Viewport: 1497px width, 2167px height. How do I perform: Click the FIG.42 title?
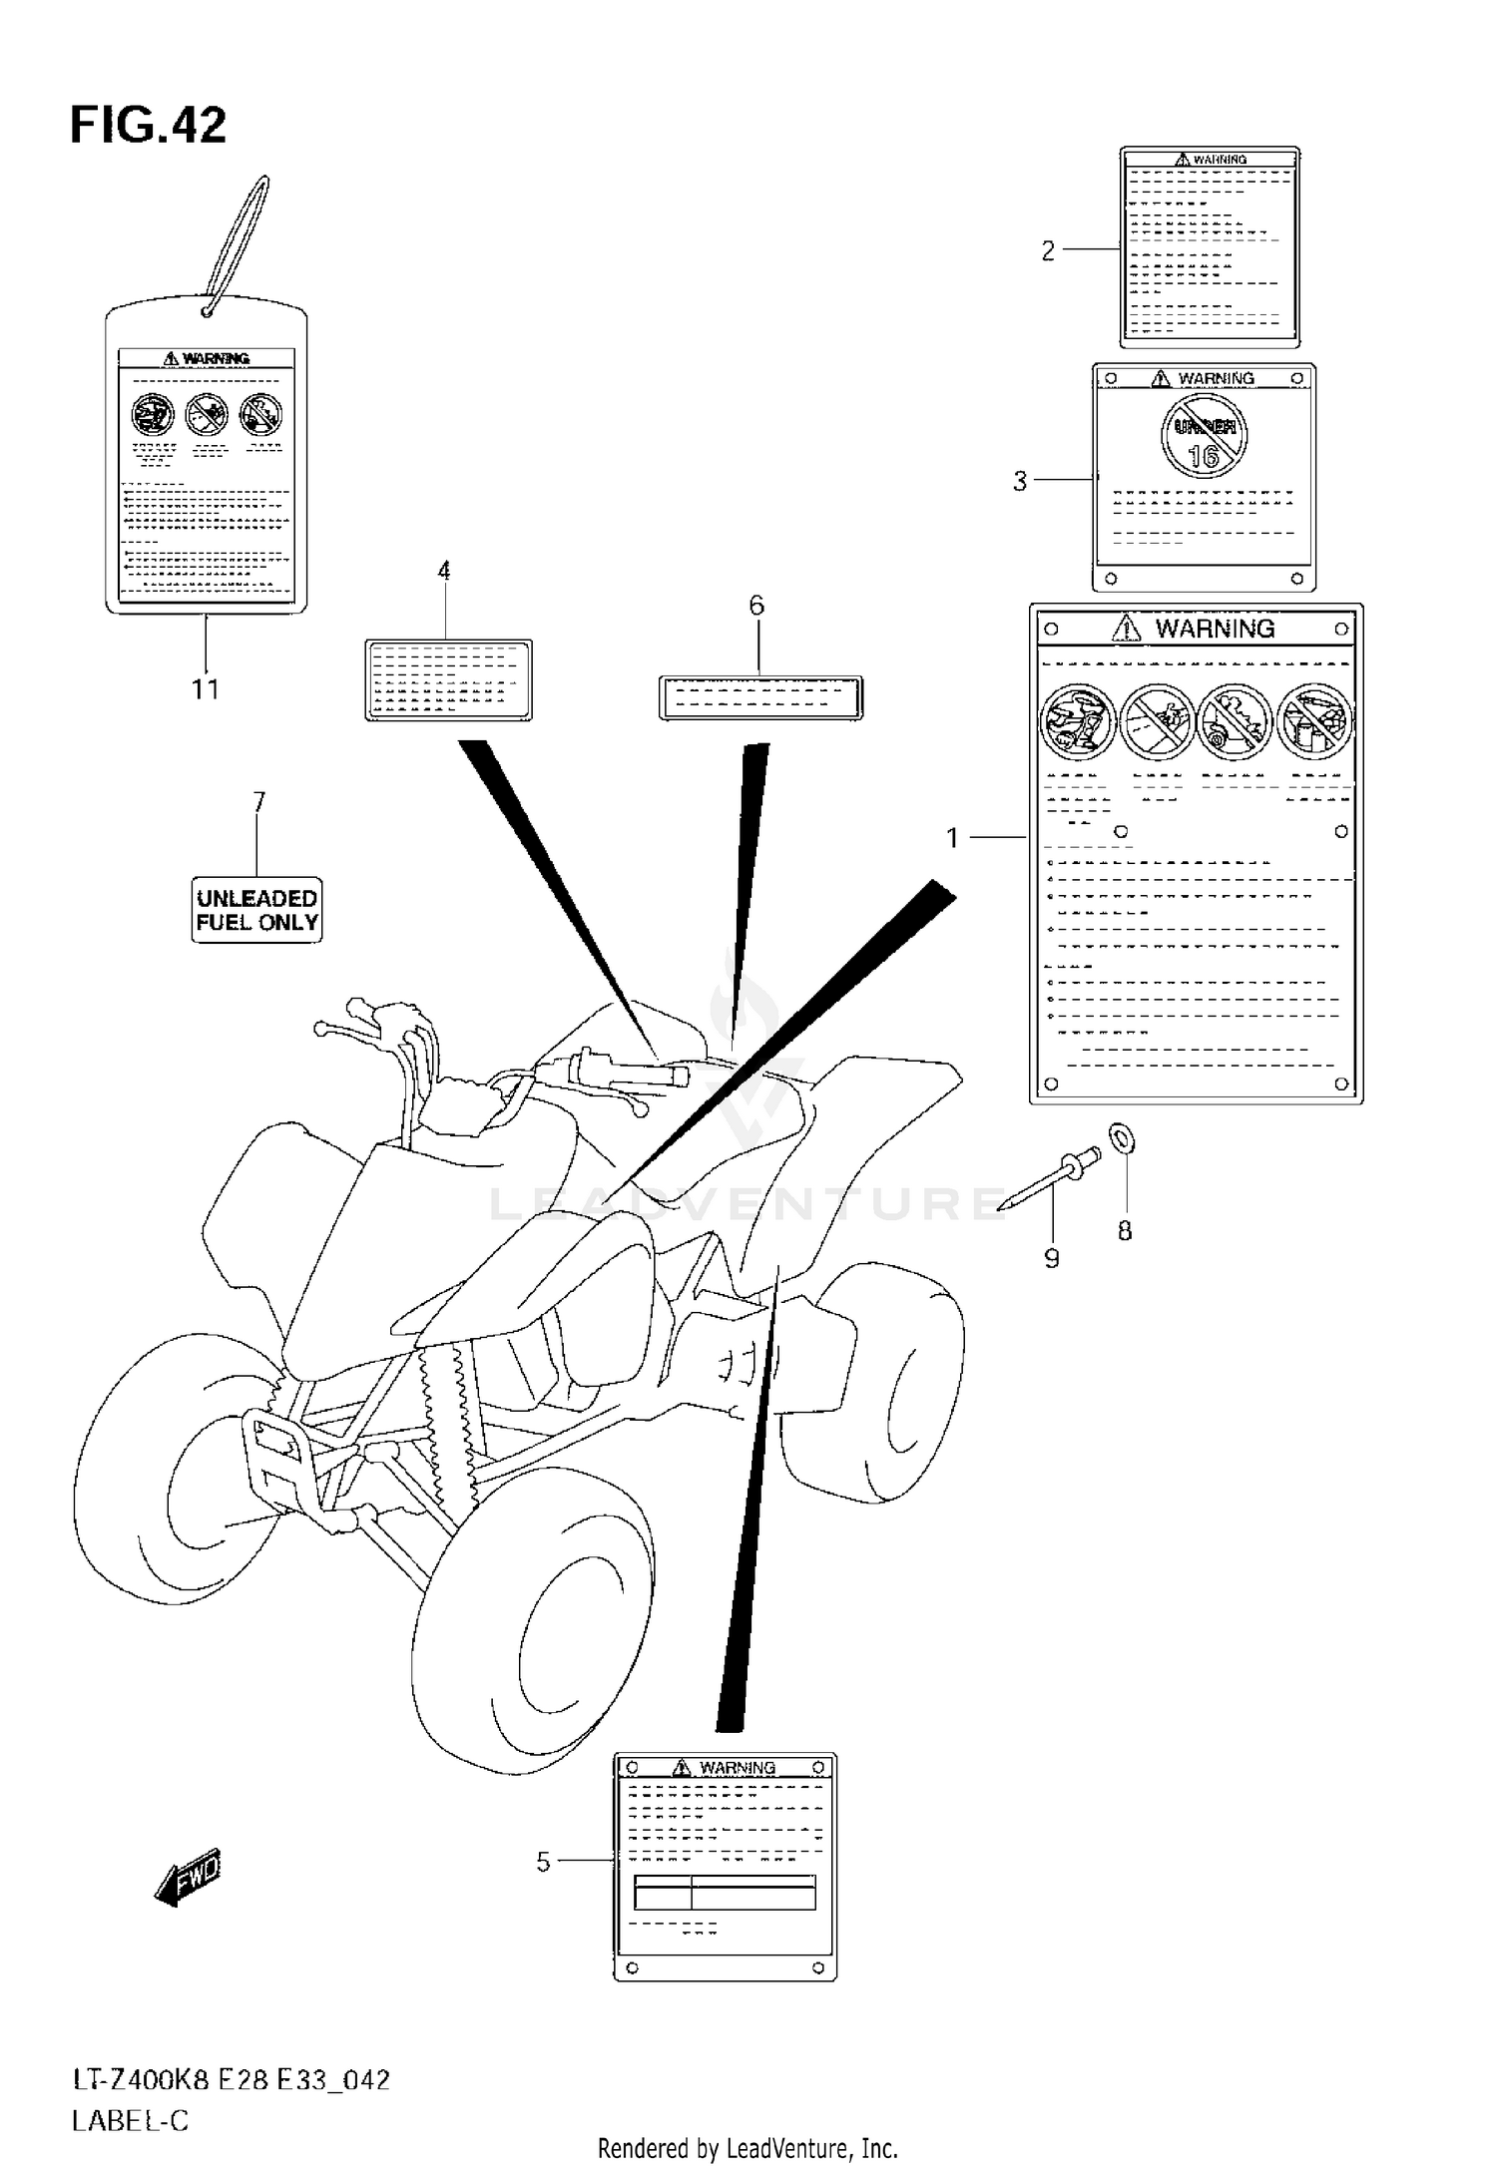tap(148, 127)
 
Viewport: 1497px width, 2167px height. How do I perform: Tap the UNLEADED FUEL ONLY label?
tap(256, 910)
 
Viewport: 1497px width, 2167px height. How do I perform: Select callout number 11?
tap(206, 688)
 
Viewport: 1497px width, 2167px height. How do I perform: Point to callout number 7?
tap(258, 802)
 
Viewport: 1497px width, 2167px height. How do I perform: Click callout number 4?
tap(444, 571)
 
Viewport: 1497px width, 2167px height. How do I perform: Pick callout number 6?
tap(756, 605)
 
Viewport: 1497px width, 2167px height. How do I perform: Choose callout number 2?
tap(1048, 250)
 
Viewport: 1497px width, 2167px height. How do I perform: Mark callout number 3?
tap(1020, 481)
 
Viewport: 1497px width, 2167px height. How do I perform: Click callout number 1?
tap(953, 838)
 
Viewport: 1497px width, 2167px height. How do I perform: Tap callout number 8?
tap(1125, 1231)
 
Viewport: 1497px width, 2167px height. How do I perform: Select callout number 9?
tap(1052, 1259)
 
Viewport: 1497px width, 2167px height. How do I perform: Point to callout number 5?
tap(543, 1862)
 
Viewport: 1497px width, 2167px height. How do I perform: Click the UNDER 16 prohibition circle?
tap(1205, 436)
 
